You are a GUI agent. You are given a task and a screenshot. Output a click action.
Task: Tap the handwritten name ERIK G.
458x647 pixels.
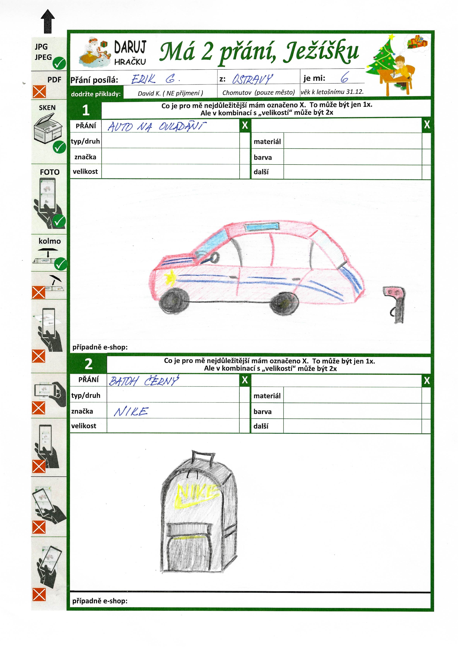pos(155,79)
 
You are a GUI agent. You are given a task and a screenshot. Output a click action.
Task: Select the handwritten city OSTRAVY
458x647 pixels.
pos(252,79)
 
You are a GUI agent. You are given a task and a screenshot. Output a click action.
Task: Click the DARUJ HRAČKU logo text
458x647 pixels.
pos(130,53)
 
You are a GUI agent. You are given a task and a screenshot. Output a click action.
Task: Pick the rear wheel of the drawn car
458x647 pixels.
pos(284,304)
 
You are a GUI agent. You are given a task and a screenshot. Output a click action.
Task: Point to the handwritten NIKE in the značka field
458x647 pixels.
pos(131,412)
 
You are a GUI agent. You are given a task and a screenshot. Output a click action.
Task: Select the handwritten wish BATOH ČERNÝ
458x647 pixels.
pos(143,381)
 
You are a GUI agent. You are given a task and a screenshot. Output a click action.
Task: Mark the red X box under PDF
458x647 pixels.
pos(39,92)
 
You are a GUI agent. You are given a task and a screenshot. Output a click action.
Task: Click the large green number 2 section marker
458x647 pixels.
pos(88,364)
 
